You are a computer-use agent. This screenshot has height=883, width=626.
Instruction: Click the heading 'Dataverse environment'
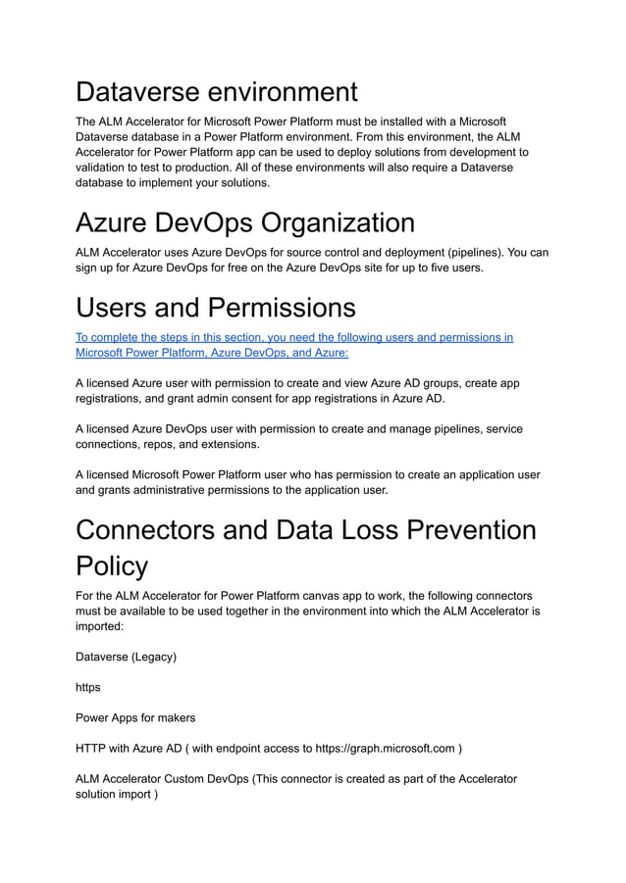coord(216,92)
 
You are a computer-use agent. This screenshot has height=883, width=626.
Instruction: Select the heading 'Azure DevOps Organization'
coord(244,221)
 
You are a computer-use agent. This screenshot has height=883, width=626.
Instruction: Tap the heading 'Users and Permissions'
coord(215,308)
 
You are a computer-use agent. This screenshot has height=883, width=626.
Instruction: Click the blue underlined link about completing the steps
coord(293,345)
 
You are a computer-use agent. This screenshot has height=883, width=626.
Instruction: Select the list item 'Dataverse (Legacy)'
coord(126,657)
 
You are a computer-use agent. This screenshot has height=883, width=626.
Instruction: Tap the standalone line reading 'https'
coord(87,687)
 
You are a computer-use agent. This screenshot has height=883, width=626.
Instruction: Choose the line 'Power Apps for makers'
coord(134,717)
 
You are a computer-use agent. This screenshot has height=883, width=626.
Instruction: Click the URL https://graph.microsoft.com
coord(386,749)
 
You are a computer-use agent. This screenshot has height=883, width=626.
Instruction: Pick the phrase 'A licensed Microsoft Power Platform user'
coord(191,475)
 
